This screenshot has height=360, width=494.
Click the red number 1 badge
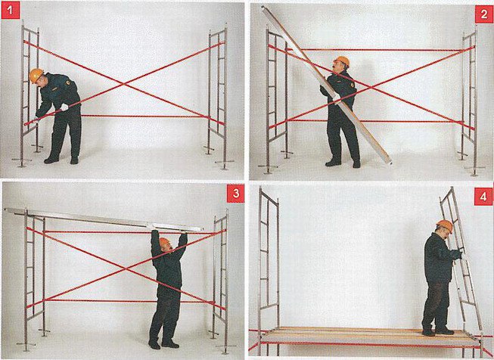click(11, 11)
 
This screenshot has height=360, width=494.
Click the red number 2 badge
click(484, 14)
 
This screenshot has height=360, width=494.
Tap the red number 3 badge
click(236, 194)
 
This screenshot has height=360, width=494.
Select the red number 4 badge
click(483, 197)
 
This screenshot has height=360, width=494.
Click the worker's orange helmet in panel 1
click(36, 76)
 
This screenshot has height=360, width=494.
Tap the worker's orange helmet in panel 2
click(343, 61)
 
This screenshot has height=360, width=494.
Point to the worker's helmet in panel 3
click(164, 242)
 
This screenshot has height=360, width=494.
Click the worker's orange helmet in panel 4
click(445, 226)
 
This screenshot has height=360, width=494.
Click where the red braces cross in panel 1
click(125, 83)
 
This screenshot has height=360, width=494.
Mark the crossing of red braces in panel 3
click(126, 268)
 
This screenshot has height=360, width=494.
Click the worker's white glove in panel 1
click(64, 107)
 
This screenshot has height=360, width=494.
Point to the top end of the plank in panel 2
click(264, 8)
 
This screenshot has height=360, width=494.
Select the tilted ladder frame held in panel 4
click(461, 258)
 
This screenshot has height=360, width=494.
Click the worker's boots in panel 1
click(61, 160)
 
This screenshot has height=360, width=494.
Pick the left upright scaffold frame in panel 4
click(269, 271)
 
